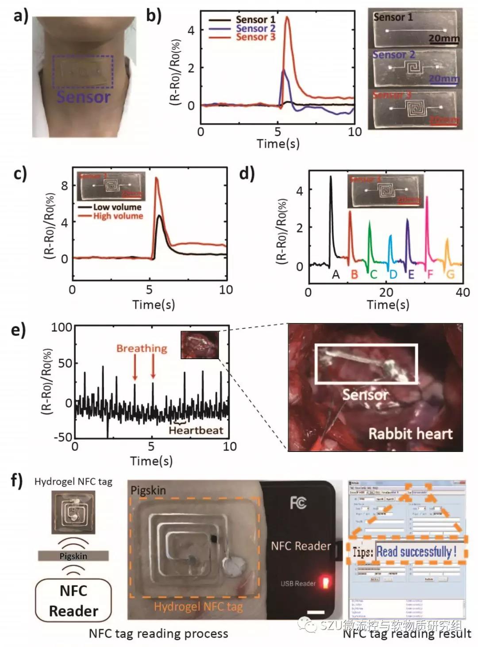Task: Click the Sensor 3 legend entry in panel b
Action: (x=255, y=37)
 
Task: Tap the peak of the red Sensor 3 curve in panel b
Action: (x=287, y=17)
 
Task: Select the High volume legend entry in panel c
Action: (x=118, y=216)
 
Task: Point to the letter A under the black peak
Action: (x=336, y=275)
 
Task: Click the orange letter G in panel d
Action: (x=450, y=275)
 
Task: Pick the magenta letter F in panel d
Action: (x=430, y=275)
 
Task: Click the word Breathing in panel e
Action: (x=142, y=348)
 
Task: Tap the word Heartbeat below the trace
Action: (x=196, y=430)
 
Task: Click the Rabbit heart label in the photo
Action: (x=410, y=433)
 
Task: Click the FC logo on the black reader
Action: (x=298, y=503)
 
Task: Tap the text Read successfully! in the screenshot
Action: (x=416, y=551)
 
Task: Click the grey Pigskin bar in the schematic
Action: (x=73, y=556)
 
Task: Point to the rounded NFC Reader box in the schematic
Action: (x=73, y=601)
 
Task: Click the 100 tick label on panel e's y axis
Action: (x=62, y=327)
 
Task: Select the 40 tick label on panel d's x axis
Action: (x=463, y=292)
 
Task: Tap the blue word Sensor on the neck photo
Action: (x=83, y=97)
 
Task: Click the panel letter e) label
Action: (x=18, y=330)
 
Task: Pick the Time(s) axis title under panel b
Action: (x=278, y=144)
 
